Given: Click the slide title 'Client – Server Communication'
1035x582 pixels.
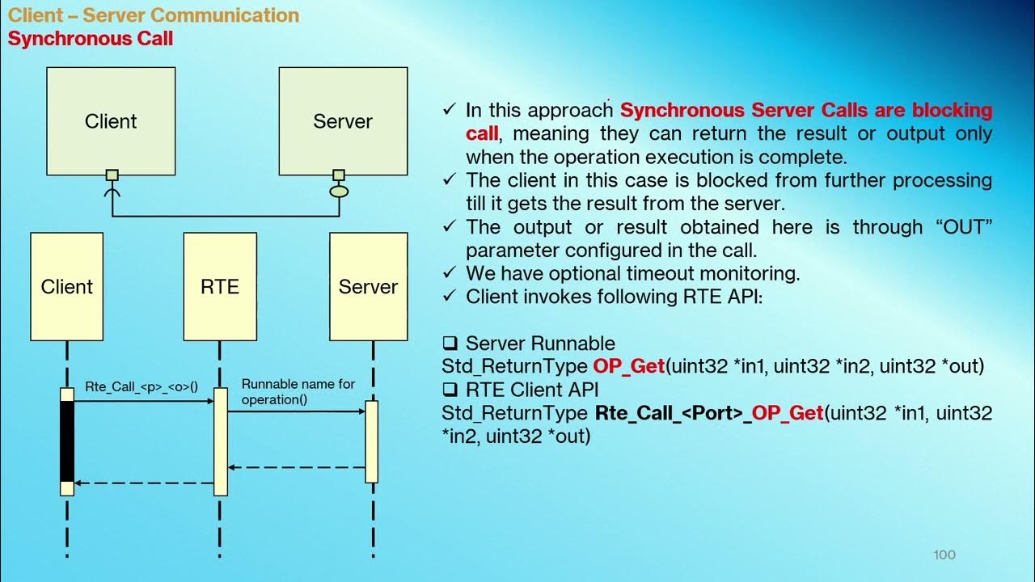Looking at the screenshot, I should click(154, 15).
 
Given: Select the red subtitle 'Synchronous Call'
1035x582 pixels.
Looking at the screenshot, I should click(91, 38).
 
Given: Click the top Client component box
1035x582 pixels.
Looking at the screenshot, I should click(111, 121).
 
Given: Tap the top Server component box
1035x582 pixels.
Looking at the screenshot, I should click(343, 121).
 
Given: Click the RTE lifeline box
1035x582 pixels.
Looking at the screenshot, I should click(220, 287).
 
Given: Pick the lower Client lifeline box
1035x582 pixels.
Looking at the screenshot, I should click(67, 287).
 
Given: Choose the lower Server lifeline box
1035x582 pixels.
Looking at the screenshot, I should click(368, 287).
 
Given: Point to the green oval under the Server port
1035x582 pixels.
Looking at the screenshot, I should click(339, 192).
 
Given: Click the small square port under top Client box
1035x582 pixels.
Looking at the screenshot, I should click(112, 175).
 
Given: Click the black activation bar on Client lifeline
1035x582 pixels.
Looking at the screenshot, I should click(67, 441).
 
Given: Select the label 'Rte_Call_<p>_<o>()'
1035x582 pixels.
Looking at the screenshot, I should click(142, 386).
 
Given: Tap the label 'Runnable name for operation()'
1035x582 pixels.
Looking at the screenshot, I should click(298, 391).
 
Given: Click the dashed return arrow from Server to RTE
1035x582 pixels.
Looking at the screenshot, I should click(296, 467).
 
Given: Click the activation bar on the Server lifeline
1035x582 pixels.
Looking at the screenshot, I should click(372, 441).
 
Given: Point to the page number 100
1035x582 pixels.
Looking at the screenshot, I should click(944, 555).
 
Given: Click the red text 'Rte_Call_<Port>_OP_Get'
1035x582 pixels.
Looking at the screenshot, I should click(709, 413).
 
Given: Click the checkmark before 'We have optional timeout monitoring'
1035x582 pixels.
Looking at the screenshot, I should click(450, 273).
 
